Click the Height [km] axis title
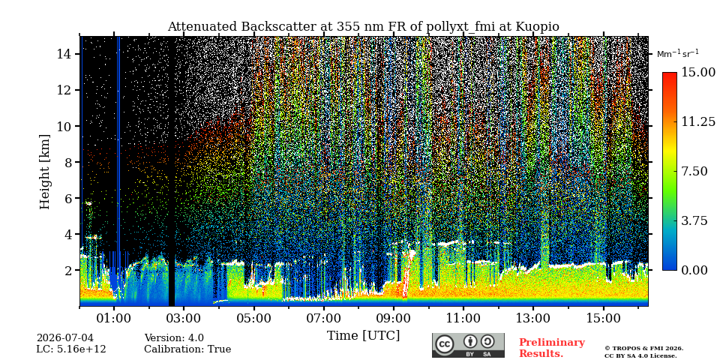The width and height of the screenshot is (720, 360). [44, 172]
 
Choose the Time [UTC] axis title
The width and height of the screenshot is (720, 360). [363, 336]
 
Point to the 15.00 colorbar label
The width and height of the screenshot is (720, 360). [698, 73]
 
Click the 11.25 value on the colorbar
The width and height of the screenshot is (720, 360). [698, 121]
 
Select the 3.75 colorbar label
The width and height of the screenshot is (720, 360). [694, 220]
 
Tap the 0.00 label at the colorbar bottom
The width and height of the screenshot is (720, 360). [694, 271]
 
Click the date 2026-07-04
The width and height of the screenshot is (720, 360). [64, 338]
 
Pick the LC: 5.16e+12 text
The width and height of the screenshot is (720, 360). [71, 349]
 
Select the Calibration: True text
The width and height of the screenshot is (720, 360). [187, 349]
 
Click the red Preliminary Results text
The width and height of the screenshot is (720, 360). [552, 348]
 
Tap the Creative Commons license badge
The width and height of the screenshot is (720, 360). [468, 345]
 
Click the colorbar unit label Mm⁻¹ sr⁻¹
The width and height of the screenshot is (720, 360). [678, 54]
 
